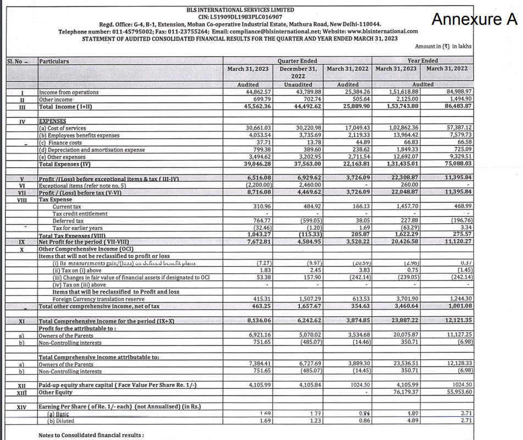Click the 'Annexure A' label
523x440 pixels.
click(474, 20)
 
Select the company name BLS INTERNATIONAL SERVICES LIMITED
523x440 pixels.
click(240, 10)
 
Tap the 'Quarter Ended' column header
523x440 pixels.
click(297, 61)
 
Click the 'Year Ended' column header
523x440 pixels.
click(422, 61)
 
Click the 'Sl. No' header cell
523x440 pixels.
click(17, 61)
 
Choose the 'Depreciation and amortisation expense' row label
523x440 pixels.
click(92, 150)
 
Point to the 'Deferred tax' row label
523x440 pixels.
click(69, 221)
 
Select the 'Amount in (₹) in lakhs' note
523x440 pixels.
click(443, 47)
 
